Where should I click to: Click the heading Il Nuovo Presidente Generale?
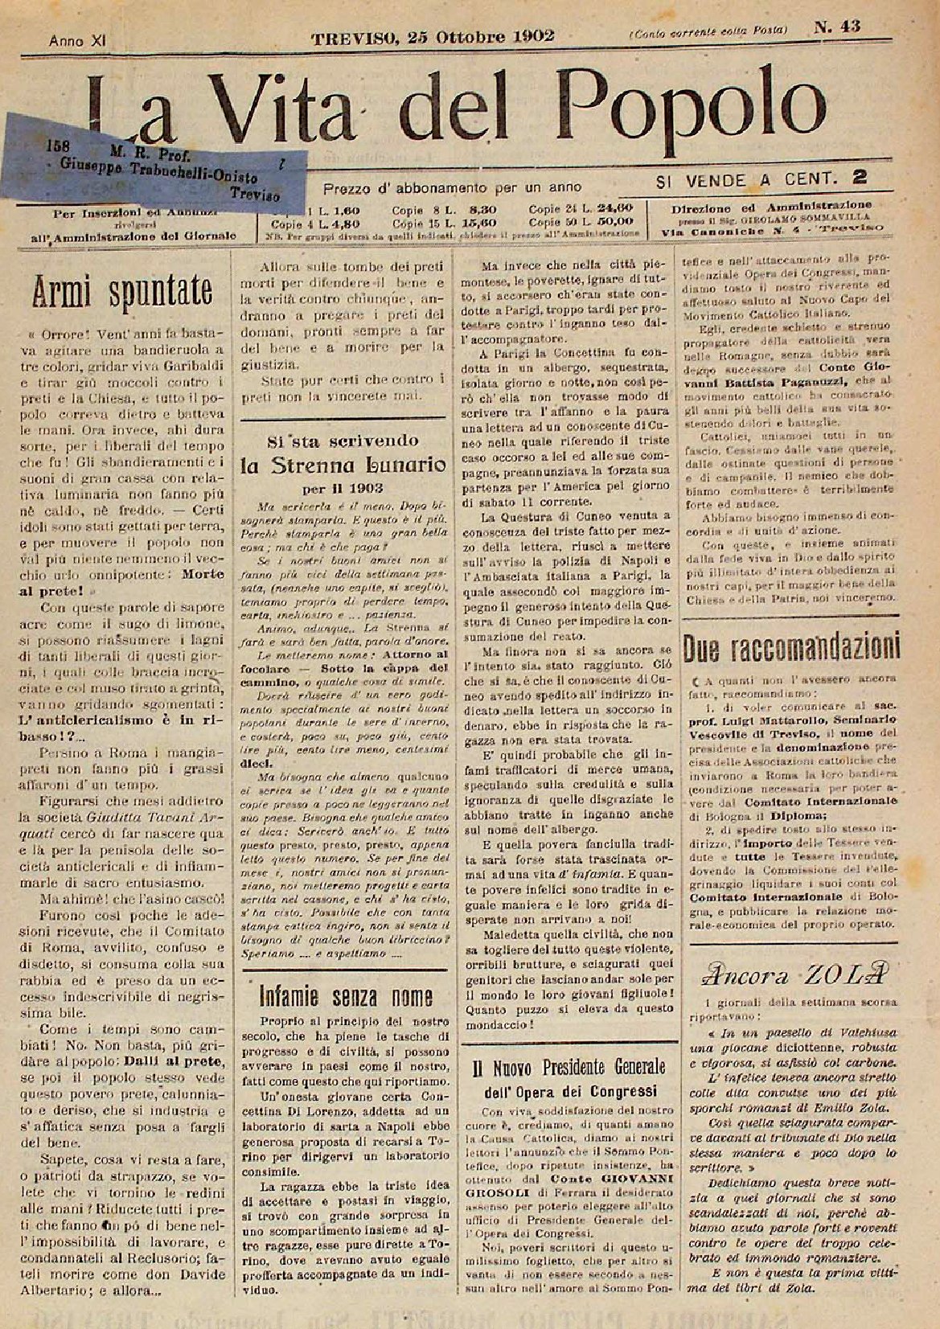(x=569, y=1066)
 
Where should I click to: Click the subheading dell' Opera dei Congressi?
(x=568, y=1091)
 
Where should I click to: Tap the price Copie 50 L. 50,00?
(x=581, y=219)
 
